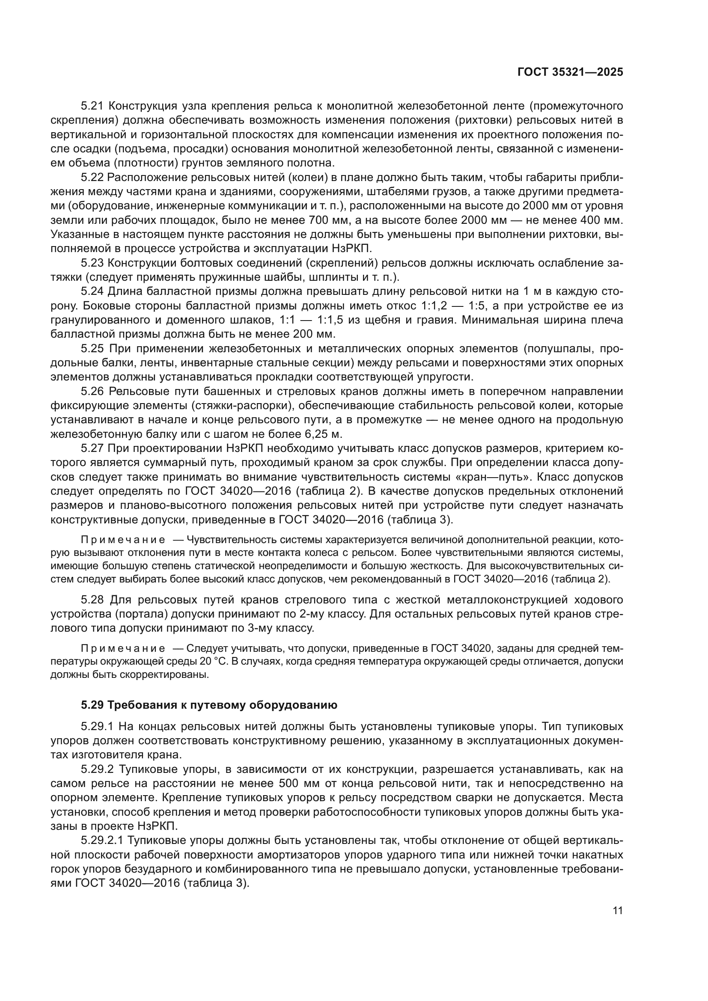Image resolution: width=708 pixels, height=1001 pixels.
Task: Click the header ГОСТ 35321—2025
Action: (x=570, y=72)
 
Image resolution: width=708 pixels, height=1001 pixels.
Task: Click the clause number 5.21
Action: (x=92, y=106)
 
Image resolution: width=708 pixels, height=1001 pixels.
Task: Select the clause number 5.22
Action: (x=92, y=178)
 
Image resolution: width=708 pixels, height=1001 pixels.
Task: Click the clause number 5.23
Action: (x=92, y=263)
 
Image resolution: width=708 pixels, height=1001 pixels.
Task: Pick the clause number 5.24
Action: (x=92, y=291)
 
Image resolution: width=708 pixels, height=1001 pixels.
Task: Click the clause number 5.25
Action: (x=92, y=348)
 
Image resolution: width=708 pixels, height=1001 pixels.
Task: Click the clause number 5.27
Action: (x=92, y=449)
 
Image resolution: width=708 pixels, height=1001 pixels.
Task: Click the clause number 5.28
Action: (x=92, y=600)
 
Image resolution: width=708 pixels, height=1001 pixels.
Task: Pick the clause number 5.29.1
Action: (x=97, y=726)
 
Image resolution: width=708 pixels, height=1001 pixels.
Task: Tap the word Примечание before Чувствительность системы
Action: (x=123, y=540)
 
